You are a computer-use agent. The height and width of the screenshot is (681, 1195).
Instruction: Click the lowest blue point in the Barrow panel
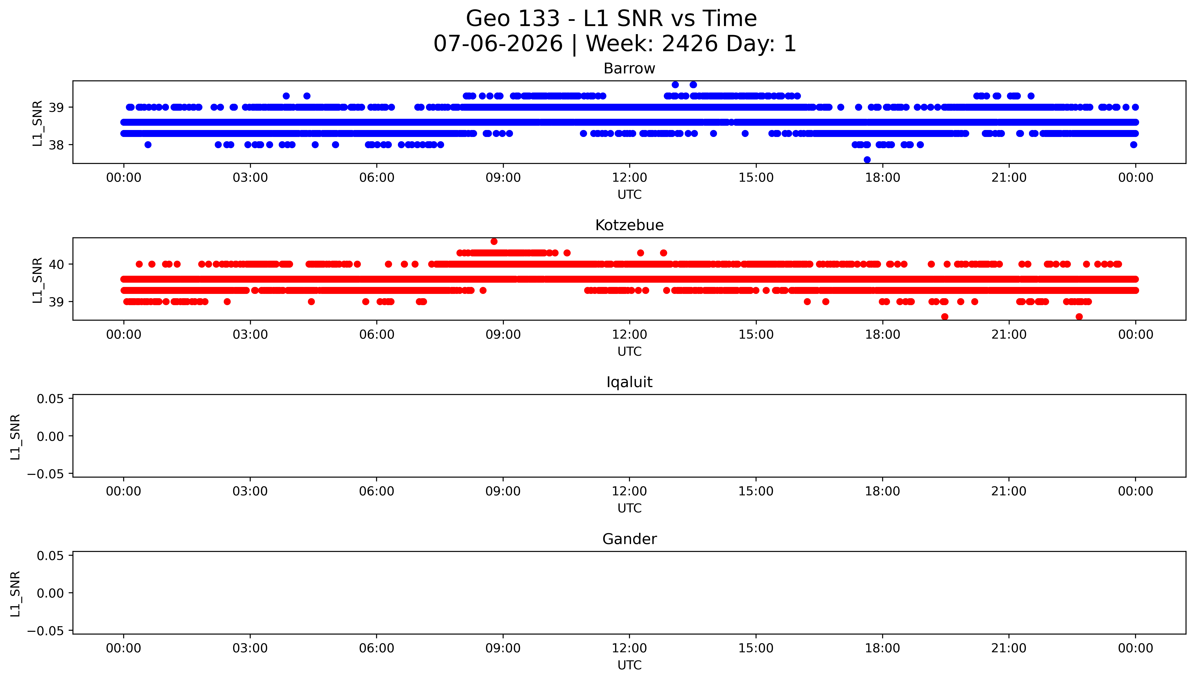tap(867, 159)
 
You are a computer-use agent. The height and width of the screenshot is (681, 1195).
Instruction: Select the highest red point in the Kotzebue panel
tap(494, 241)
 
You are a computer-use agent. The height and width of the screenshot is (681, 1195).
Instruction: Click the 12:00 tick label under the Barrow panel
tap(629, 178)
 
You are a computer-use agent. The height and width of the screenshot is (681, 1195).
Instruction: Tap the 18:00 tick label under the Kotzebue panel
tap(882, 334)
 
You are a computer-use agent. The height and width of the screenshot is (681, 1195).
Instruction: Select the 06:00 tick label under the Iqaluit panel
tap(377, 491)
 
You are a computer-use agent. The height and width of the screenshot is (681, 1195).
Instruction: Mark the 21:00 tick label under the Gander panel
tap(1009, 648)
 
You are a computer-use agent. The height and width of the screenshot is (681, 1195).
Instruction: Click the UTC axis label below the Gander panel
tap(629, 665)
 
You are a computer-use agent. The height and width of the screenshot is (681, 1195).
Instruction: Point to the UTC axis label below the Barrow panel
tap(629, 195)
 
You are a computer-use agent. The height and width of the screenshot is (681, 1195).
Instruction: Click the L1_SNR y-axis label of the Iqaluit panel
tap(15, 436)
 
